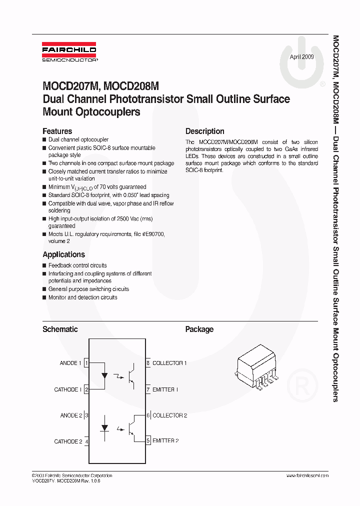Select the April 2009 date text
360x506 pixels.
(x=302, y=57)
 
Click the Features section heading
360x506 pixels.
(x=57, y=131)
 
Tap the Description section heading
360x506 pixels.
(x=204, y=131)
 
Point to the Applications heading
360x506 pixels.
(x=63, y=254)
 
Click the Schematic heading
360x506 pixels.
(x=60, y=329)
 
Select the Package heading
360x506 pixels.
(x=199, y=329)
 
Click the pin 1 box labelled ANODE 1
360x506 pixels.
(x=86, y=363)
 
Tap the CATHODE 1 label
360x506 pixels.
(x=67, y=389)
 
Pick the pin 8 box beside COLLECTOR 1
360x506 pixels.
(x=148, y=363)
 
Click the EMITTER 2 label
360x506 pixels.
(x=165, y=441)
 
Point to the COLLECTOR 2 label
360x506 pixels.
(x=169, y=415)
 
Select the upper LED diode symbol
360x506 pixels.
(x=104, y=374)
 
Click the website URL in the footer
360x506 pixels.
(x=307, y=475)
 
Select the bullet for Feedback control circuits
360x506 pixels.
(x=44, y=265)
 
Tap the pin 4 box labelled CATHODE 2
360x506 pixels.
(x=86, y=441)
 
